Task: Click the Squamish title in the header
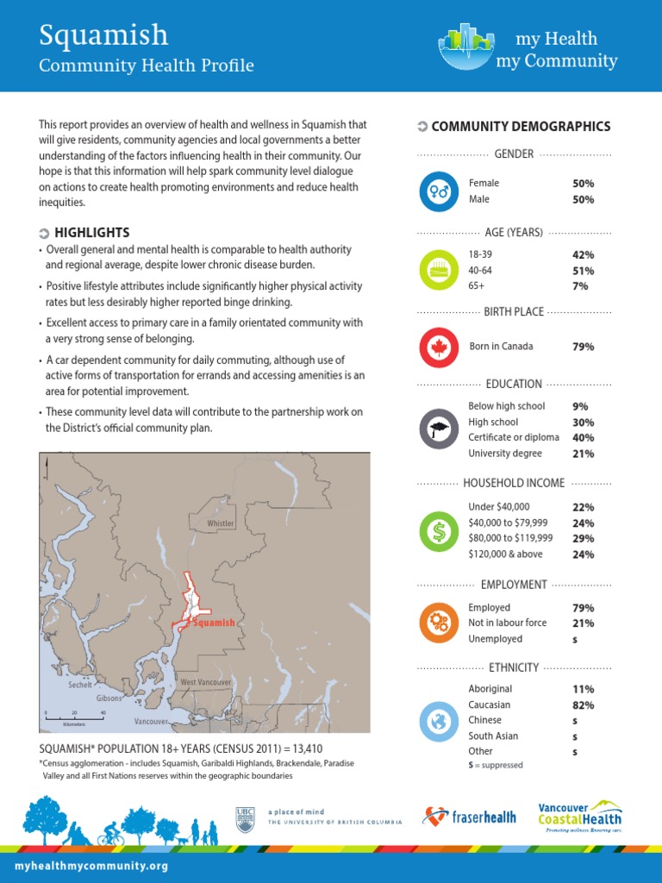[103, 35]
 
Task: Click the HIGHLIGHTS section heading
[91, 233]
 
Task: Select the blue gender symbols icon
[439, 192]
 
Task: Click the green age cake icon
[439, 270]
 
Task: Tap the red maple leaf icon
[439, 347]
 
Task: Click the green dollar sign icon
[439, 531]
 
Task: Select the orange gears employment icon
[439, 623]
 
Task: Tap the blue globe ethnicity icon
[439, 720]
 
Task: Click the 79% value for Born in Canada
[583, 347]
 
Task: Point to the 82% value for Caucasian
[583, 705]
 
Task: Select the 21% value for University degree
[583, 454]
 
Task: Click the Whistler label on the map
[221, 524]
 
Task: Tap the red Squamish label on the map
[213, 623]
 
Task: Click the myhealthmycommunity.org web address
[91, 865]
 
